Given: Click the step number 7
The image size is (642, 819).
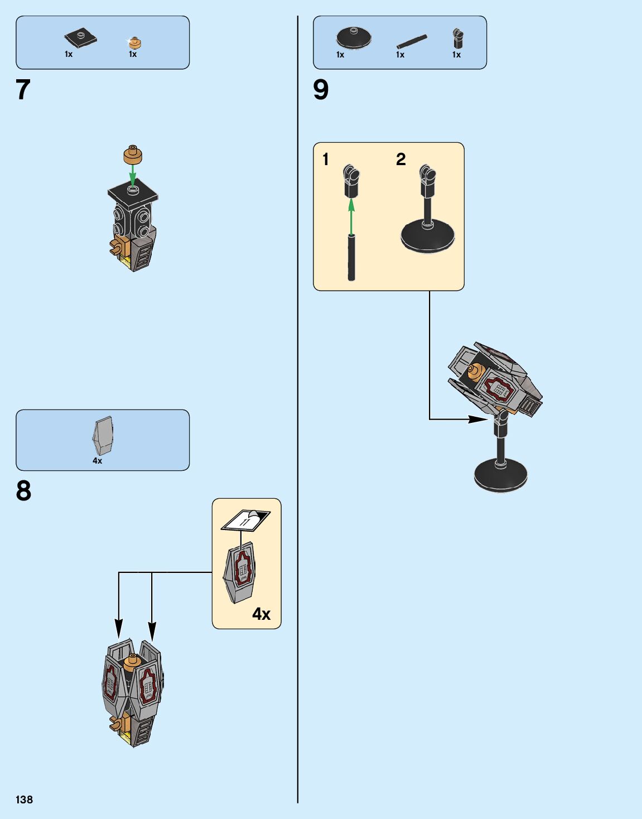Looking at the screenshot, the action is point(23,90).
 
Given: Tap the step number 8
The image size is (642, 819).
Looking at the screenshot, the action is point(23,491).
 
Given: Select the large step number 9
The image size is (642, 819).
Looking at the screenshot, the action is point(321,90).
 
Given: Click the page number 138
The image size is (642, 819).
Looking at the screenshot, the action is point(24,799).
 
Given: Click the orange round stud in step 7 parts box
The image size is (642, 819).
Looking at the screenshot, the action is point(134,42).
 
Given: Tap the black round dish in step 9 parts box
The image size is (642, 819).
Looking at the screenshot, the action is point(354,37).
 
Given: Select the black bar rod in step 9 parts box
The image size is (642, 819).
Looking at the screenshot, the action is point(412,41).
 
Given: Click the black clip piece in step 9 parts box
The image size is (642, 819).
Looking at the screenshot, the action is point(457,38).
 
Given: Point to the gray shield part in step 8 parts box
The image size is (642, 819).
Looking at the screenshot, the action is point(103,436).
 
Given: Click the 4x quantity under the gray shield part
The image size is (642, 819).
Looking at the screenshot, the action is point(98,461).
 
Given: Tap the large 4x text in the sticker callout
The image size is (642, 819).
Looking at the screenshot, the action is point(261,614).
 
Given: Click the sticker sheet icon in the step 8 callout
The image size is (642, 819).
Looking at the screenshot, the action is point(246,520).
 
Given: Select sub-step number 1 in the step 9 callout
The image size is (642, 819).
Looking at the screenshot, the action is point(326,160).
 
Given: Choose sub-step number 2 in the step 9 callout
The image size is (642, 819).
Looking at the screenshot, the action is point(400,160).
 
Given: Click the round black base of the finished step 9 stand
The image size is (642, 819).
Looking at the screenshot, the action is point(500,475).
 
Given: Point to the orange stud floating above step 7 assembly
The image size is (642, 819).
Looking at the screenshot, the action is point(133,154).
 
